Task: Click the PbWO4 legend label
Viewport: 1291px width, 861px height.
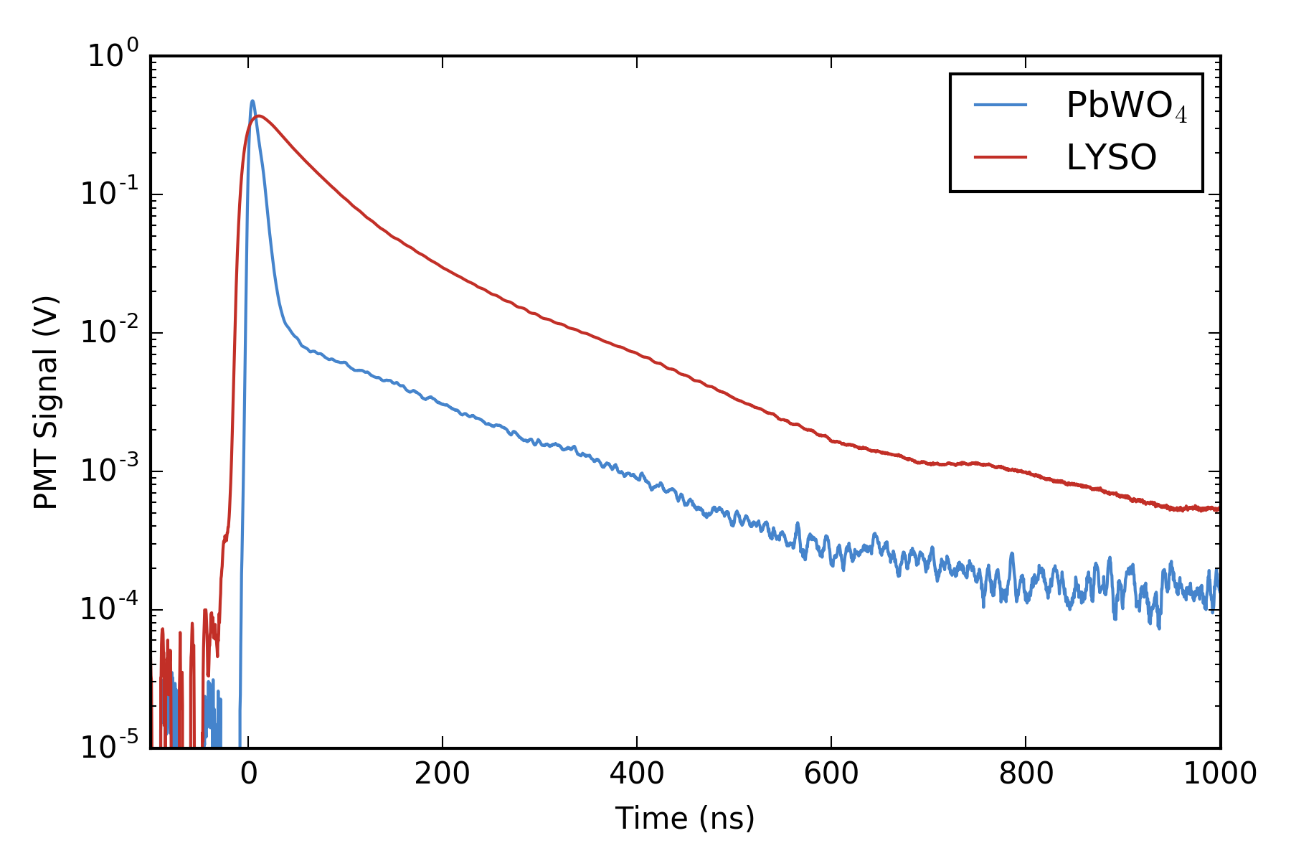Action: pos(1126,106)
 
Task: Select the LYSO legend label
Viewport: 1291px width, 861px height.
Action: pos(1111,158)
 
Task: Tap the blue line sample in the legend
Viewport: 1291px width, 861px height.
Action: pos(1001,105)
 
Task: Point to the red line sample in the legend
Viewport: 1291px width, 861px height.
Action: pos(1001,157)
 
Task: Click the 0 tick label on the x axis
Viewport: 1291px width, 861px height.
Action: pos(248,774)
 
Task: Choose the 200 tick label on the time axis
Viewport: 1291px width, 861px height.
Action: pos(443,774)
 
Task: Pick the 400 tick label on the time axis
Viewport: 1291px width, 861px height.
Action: pos(637,774)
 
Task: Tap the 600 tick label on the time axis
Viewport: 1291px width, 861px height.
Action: pos(831,774)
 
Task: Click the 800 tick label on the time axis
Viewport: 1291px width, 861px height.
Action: pos(1026,774)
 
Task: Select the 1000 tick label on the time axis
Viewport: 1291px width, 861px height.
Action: pos(1219,774)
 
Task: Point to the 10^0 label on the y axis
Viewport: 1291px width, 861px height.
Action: pos(113,55)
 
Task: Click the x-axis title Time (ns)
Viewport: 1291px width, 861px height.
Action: pos(685,819)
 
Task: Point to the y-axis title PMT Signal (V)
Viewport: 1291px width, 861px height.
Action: pos(46,402)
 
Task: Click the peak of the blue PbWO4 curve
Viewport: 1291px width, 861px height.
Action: pos(252,101)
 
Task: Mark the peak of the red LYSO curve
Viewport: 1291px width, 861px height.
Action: pos(259,116)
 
